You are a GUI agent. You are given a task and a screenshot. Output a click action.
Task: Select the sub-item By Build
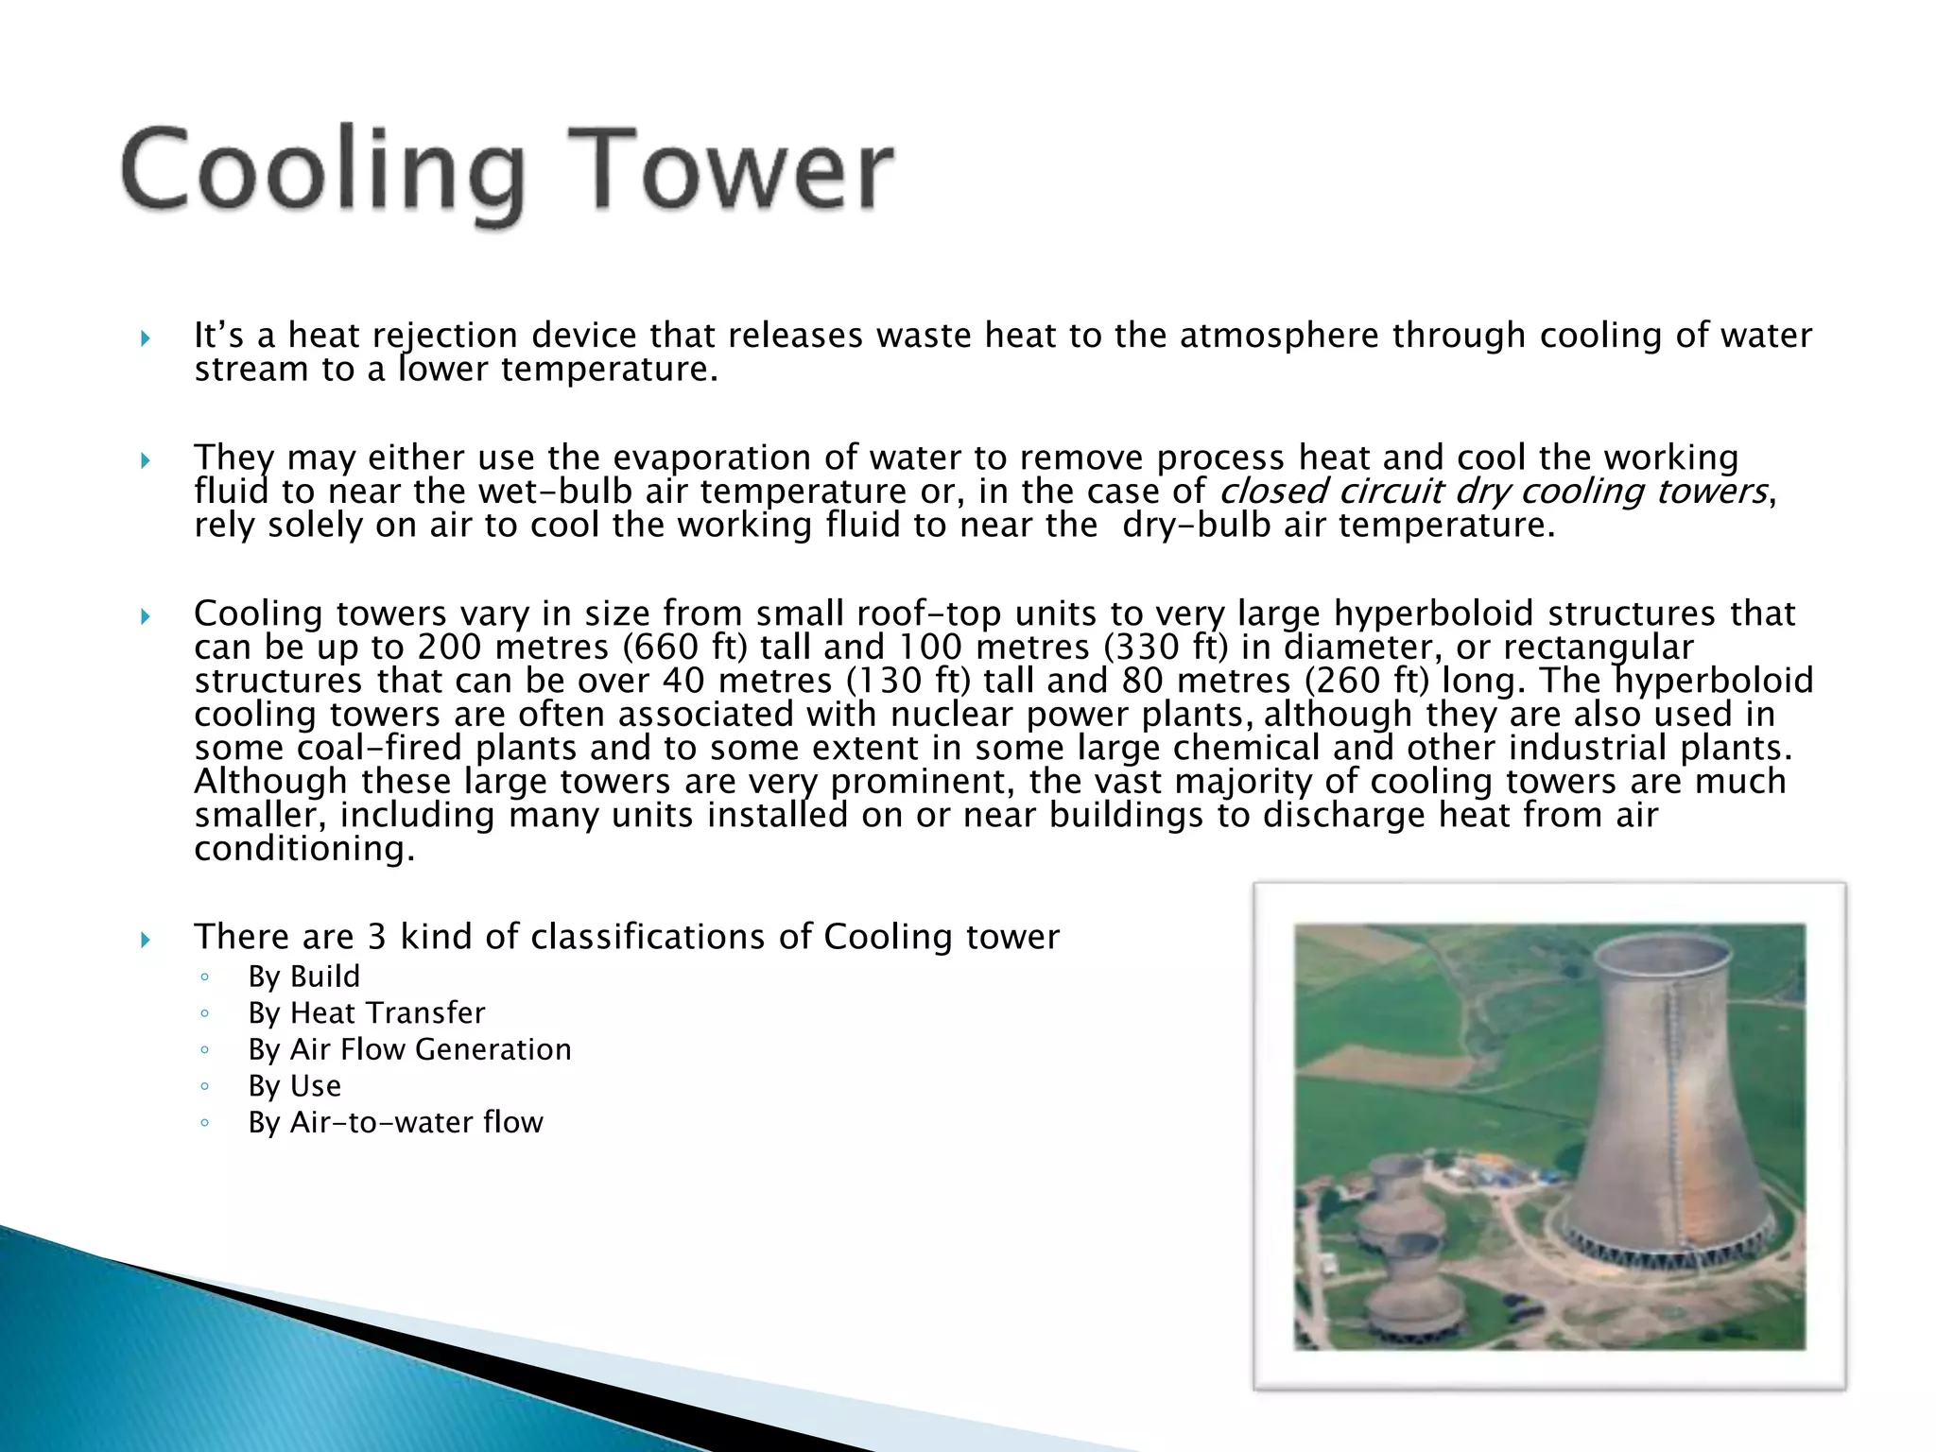(x=303, y=977)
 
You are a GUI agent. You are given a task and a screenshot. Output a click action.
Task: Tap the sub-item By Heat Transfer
(x=366, y=1013)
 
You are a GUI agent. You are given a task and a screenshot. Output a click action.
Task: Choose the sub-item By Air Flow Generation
(x=409, y=1049)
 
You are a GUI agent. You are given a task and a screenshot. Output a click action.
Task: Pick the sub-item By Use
(x=294, y=1086)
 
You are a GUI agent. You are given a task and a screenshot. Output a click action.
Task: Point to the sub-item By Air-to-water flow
(x=395, y=1122)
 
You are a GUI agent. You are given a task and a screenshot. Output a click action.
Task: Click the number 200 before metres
(x=449, y=648)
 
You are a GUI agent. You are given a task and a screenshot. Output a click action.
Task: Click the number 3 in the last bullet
(x=376, y=937)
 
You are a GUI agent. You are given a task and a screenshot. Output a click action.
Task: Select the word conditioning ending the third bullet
(x=303, y=849)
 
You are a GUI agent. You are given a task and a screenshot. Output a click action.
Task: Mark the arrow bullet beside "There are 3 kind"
(x=146, y=939)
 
